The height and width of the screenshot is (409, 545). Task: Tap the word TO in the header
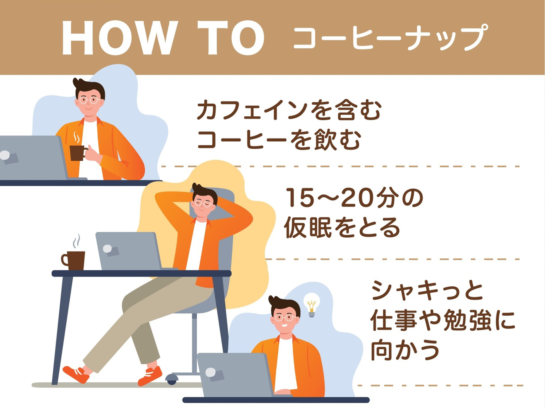pos(231,38)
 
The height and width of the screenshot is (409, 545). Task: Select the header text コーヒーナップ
pos(390,38)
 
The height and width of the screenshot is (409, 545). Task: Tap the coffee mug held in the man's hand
pos(77,153)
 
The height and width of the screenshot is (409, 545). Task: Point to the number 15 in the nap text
pos(300,198)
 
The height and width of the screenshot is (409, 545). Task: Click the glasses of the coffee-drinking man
pos(89,100)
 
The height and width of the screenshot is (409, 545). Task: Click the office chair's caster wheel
pos(172,379)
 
